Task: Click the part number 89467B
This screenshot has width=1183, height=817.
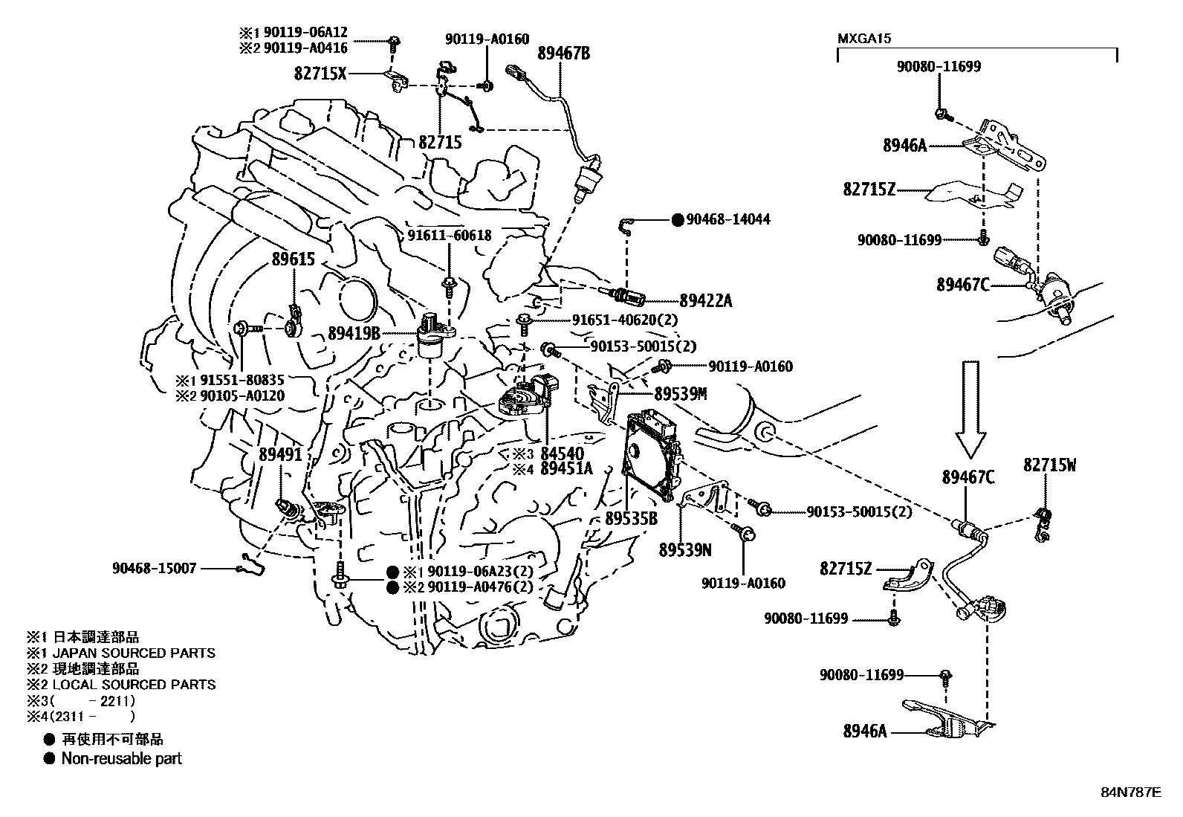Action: pyautogui.click(x=563, y=54)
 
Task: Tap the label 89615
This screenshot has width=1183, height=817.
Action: pyautogui.click(x=294, y=259)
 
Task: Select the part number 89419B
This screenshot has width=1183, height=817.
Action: pyautogui.click(x=354, y=335)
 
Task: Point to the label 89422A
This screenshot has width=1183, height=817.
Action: pyautogui.click(x=705, y=300)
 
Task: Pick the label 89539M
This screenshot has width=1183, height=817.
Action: pyautogui.click(x=680, y=394)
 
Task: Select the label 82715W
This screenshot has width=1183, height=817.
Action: pyautogui.click(x=1049, y=465)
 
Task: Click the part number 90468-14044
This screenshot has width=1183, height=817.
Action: pyautogui.click(x=728, y=219)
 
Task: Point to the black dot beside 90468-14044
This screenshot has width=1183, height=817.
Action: pyautogui.click(x=677, y=219)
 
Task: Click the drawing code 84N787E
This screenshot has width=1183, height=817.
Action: pyautogui.click(x=1130, y=792)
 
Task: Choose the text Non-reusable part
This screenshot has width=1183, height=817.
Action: pyautogui.click(x=121, y=758)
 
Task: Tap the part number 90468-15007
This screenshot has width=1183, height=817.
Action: pyautogui.click(x=155, y=568)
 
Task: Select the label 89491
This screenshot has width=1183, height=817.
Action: pyautogui.click(x=281, y=453)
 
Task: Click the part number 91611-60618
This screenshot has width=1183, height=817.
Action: pyautogui.click(x=449, y=235)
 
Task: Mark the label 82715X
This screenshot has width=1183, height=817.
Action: pyautogui.click(x=320, y=74)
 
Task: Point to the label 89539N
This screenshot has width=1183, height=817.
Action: pyautogui.click(x=685, y=549)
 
